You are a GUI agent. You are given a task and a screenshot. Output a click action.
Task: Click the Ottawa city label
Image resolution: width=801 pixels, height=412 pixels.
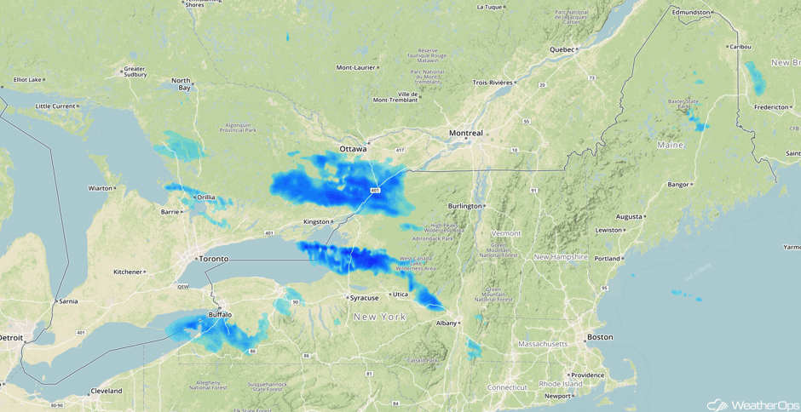click(x=353, y=149)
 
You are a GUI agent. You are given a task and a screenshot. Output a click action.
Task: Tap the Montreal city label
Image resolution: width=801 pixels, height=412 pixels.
click(x=466, y=133)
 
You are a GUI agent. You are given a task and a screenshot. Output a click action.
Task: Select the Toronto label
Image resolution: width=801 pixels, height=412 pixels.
click(x=213, y=258)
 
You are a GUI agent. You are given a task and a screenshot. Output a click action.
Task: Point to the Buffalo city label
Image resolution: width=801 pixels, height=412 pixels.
click(x=220, y=315)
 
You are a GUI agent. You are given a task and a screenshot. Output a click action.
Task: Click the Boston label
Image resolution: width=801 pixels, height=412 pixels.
click(x=600, y=338)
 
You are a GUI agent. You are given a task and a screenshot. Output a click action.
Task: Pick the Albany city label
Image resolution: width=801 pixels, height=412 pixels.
click(x=446, y=323)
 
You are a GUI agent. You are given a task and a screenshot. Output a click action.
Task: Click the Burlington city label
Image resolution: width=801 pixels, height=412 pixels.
click(x=465, y=206)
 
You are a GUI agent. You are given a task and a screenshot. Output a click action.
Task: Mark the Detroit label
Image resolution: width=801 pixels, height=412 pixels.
click(x=11, y=338)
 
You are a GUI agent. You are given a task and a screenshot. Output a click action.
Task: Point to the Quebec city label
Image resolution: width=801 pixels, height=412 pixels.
click(x=562, y=49)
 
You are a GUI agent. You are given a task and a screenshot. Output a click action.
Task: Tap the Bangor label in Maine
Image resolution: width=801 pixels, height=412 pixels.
click(x=677, y=184)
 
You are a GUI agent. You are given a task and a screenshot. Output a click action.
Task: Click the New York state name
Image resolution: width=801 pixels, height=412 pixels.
click(x=380, y=317)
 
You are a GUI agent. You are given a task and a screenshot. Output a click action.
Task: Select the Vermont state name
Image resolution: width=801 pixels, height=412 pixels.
click(x=506, y=233)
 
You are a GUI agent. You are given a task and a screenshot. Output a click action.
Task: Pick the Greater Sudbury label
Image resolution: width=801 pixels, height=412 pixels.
click(x=135, y=72)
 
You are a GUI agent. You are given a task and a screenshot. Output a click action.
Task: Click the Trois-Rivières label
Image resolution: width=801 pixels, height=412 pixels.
click(x=493, y=83)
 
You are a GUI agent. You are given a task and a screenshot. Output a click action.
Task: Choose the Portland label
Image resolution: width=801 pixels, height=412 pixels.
click(x=608, y=258)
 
